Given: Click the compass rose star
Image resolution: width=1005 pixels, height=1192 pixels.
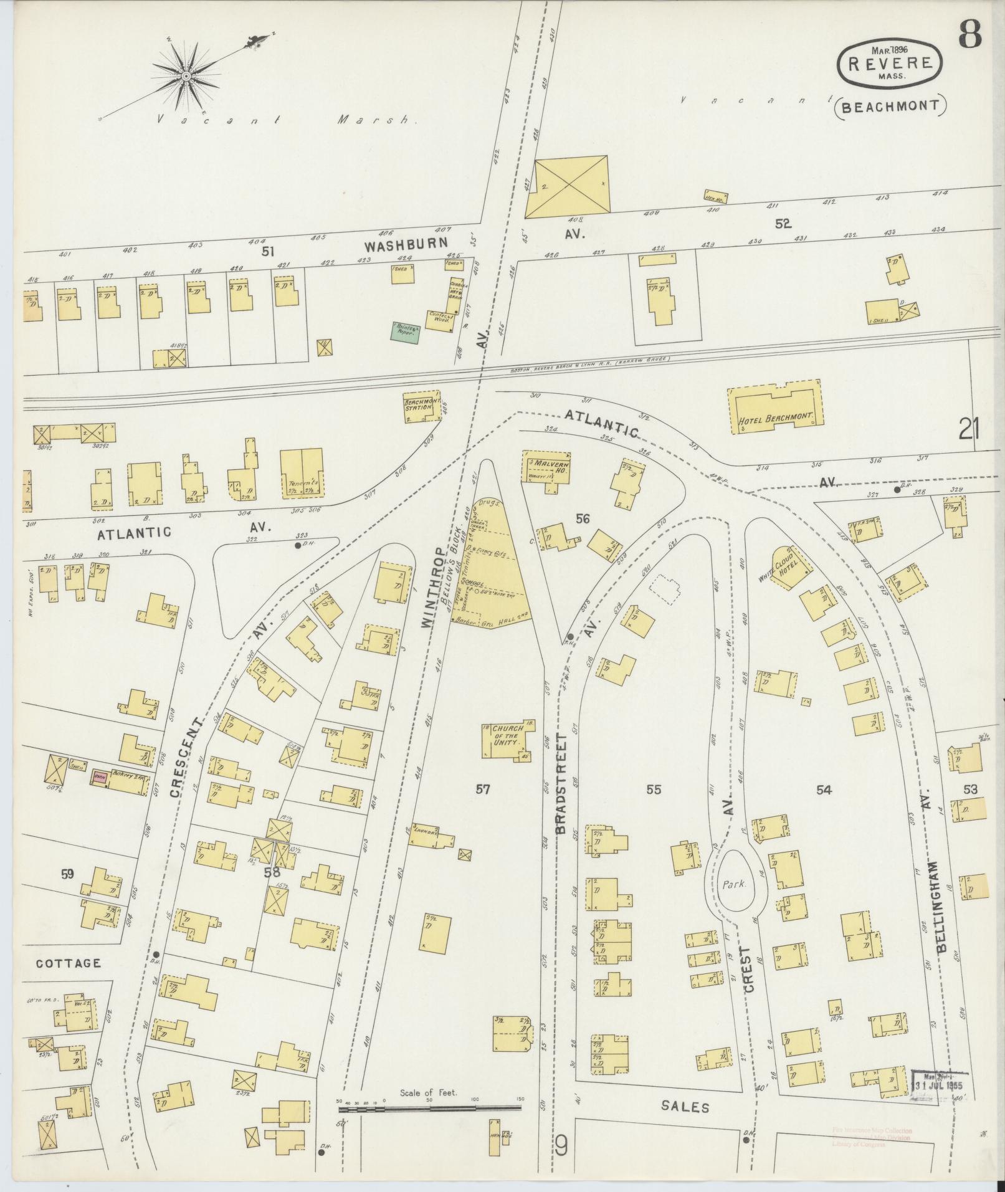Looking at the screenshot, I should (186, 75).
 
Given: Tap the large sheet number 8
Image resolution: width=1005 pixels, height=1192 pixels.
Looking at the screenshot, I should (969, 34).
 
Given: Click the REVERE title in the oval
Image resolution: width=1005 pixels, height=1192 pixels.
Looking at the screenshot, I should (890, 63).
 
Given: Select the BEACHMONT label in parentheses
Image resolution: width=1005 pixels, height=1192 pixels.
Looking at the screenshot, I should (890, 105).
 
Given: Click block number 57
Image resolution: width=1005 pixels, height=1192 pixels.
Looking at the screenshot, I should (482, 790).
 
